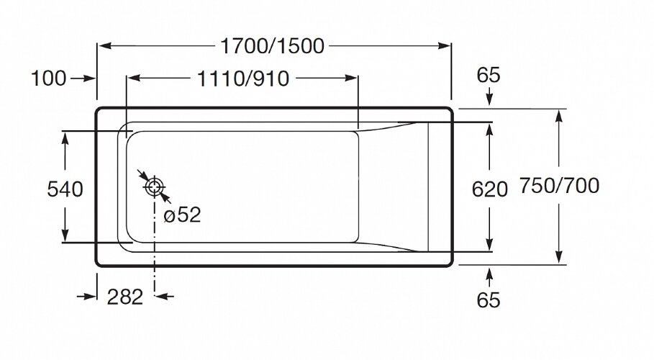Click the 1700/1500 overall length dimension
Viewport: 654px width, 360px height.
click(273, 47)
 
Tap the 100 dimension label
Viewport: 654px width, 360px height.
click(49, 79)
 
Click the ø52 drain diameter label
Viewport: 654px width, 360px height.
click(182, 215)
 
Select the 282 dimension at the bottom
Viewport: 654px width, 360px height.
click(126, 296)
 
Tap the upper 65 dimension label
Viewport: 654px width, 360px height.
click(489, 75)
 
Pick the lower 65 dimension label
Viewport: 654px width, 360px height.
click(489, 300)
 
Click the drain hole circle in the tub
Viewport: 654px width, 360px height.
click(154, 187)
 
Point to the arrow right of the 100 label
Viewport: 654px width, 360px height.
click(85, 79)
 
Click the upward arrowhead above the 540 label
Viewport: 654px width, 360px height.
click(65, 138)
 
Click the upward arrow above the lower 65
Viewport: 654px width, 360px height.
click(489, 275)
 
